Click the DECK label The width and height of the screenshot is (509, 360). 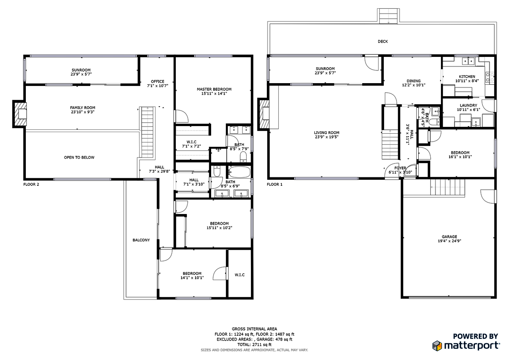383,41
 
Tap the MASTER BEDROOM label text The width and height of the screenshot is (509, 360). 214,89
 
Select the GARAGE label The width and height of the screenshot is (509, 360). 449,237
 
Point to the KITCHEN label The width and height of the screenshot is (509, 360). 467,76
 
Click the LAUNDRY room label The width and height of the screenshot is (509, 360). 468,105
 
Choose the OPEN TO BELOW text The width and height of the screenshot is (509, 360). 79,158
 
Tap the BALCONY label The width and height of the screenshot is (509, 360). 141,240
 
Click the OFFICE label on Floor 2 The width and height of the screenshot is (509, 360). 157,82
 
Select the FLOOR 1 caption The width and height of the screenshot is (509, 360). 274,184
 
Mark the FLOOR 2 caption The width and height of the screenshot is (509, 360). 31,184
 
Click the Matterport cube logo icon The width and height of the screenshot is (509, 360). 437,345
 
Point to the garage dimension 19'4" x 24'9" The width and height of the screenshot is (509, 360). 449,241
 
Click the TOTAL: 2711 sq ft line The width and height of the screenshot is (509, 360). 254,344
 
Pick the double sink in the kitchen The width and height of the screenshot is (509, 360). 467,61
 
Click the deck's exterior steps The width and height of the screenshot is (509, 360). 387,16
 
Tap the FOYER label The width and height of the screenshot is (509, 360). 400,168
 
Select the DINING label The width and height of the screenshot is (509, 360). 413,80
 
